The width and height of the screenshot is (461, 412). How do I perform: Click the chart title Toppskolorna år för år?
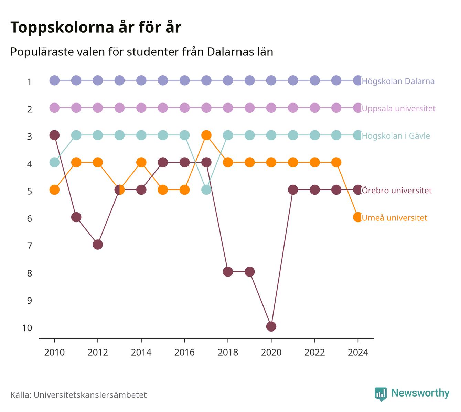click(96, 27)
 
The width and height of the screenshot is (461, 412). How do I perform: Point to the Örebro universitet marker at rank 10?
click(271, 326)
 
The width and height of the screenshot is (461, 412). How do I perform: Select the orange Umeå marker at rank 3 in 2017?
click(206, 135)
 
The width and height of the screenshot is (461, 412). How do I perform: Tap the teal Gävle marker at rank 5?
click(206, 190)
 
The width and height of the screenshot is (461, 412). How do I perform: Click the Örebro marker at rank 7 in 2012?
click(98, 245)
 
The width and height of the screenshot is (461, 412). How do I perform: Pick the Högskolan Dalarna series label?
click(398, 81)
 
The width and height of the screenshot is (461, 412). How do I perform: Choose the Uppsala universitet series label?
click(398, 109)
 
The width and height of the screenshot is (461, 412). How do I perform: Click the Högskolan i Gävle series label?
click(396, 136)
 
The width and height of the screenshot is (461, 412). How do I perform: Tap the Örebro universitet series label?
click(397, 191)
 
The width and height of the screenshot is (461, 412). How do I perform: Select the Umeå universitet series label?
click(394, 218)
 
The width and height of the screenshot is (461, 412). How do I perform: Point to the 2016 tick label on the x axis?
click(184, 353)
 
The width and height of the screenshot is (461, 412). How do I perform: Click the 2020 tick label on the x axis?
click(271, 353)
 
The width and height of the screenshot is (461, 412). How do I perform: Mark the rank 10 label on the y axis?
click(27, 328)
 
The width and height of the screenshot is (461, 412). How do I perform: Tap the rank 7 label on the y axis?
click(30, 246)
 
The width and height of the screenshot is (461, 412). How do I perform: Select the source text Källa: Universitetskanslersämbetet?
click(78, 395)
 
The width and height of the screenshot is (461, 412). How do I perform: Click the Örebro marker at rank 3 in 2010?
click(54, 135)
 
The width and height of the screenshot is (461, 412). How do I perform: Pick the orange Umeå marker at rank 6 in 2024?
click(358, 217)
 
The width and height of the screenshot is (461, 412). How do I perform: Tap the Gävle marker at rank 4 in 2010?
click(54, 162)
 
